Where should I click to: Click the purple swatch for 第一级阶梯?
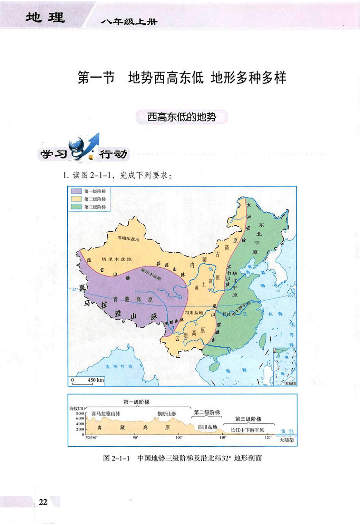(x=76, y=191)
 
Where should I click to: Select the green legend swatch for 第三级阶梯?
(x=76, y=207)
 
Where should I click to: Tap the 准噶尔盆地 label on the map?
(x=128, y=239)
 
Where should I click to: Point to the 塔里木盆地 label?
(x=116, y=259)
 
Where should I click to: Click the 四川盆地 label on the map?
(x=194, y=312)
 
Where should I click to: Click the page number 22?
(x=43, y=502)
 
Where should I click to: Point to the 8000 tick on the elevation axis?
(x=80, y=414)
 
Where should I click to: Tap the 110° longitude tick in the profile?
(x=223, y=438)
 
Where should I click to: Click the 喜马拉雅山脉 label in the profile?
(x=106, y=414)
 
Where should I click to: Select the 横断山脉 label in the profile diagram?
(x=167, y=414)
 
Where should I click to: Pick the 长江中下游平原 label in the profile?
(x=247, y=430)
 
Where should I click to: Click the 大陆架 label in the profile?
(x=287, y=440)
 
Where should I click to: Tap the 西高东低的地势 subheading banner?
(x=182, y=117)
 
